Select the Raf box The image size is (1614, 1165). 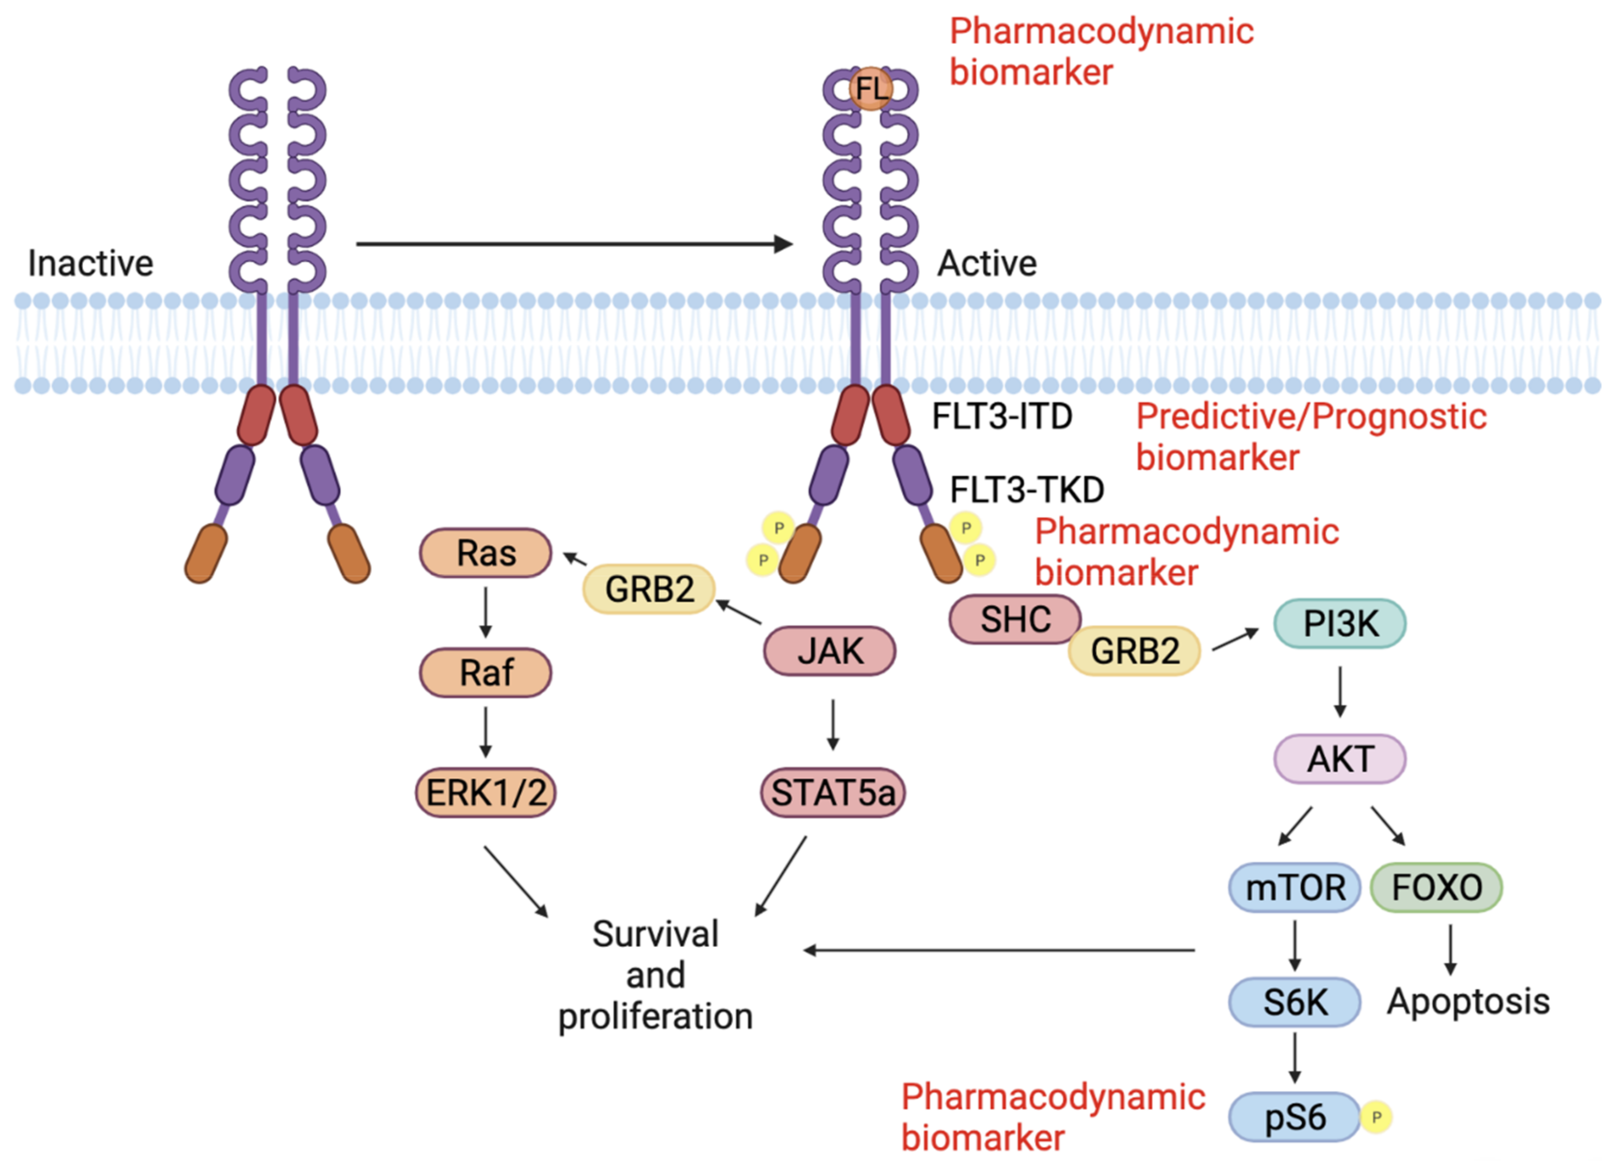click(x=485, y=672)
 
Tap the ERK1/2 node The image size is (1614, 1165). click(x=485, y=792)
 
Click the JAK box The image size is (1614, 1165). click(x=830, y=650)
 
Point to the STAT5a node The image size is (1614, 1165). click(x=833, y=792)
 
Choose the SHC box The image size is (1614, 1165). click(x=1015, y=619)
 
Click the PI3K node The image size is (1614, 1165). click(x=1340, y=623)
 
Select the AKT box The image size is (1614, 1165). click(x=1340, y=759)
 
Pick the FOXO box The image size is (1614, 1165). click(x=1437, y=887)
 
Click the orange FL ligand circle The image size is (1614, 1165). click(x=871, y=88)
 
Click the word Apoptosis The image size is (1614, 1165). click(x=1469, y=1002)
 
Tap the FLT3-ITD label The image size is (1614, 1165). click(x=1002, y=416)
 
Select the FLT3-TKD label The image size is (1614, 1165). click(x=1027, y=490)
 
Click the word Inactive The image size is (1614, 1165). click(x=91, y=263)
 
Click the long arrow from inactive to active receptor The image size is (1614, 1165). click(x=574, y=244)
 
